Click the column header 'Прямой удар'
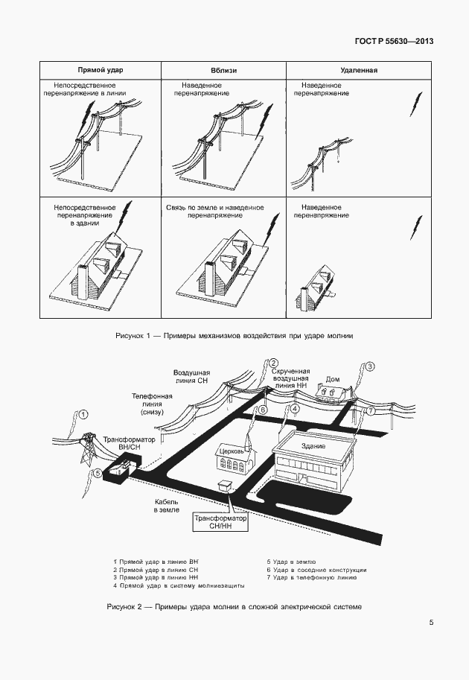[101, 70]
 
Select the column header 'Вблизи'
[223, 70]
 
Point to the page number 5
[431, 623]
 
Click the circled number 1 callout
[84, 414]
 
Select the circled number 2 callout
[273, 363]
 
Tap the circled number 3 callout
[370, 366]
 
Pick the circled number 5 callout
[97, 473]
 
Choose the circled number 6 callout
[262, 410]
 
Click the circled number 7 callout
[371, 411]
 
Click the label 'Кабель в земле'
[166, 506]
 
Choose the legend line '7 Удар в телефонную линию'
[314, 577]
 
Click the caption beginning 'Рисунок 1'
[234, 336]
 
